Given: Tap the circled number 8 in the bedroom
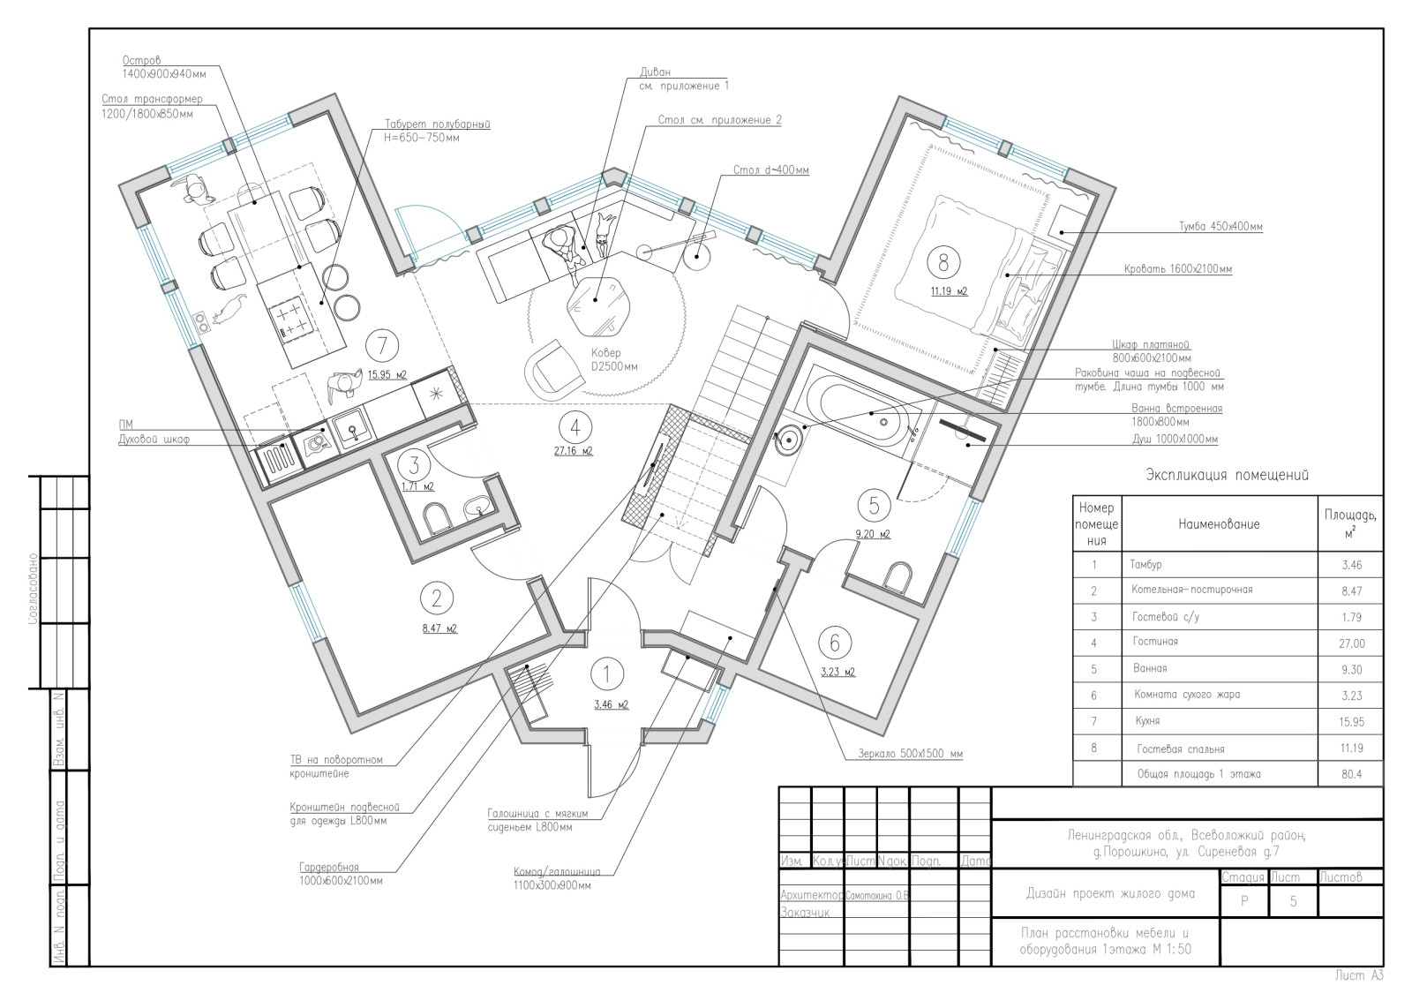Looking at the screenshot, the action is [943, 261].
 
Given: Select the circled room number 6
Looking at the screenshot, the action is [835, 643].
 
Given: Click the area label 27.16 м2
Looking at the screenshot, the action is [573, 451].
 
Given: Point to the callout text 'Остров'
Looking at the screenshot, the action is [141, 61].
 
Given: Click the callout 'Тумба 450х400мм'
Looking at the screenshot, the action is [1220, 226].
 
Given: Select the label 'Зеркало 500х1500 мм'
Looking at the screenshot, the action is [910, 753].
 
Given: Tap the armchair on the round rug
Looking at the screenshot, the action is [553, 370].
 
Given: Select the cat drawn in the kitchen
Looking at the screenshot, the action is [229, 310].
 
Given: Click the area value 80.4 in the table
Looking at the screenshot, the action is [1351, 774].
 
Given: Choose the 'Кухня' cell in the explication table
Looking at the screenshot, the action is [1147, 720].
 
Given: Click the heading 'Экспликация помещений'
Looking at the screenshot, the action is [1227, 475].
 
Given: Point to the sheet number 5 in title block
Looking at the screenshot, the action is [1293, 901].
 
